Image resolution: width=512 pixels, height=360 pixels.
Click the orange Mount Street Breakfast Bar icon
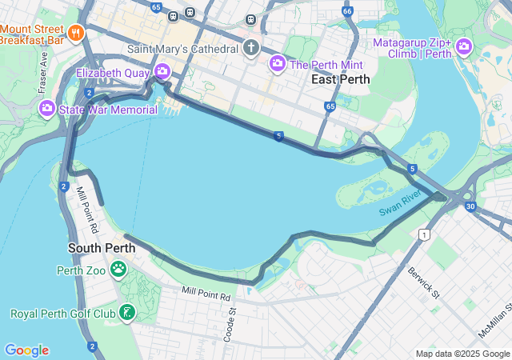pos(76,33)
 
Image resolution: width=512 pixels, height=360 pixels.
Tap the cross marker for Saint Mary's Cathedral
pos(251,49)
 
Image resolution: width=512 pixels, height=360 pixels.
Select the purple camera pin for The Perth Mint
pos(278,63)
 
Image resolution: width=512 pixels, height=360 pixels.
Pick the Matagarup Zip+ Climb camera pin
pos(464,49)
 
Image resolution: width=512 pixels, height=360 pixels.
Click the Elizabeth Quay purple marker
pos(162,72)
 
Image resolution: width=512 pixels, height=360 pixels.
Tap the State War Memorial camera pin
pos(47,108)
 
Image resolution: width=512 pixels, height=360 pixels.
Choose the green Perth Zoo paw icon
pos(118,270)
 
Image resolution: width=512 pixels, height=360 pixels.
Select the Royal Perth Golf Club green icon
pos(126,313)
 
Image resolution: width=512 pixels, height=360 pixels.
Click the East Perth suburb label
pos(341,79)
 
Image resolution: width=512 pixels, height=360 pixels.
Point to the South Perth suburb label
pos(102,248)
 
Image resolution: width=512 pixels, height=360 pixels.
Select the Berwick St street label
pos(424,282)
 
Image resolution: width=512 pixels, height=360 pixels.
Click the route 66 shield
pos(346,11)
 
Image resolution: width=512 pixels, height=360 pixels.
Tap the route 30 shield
pos(470,207)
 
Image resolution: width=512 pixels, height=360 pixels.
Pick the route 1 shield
pos(424,234)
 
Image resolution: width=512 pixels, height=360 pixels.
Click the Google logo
pos(26,350)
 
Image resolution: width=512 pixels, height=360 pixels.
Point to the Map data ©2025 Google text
pos(462,354)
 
